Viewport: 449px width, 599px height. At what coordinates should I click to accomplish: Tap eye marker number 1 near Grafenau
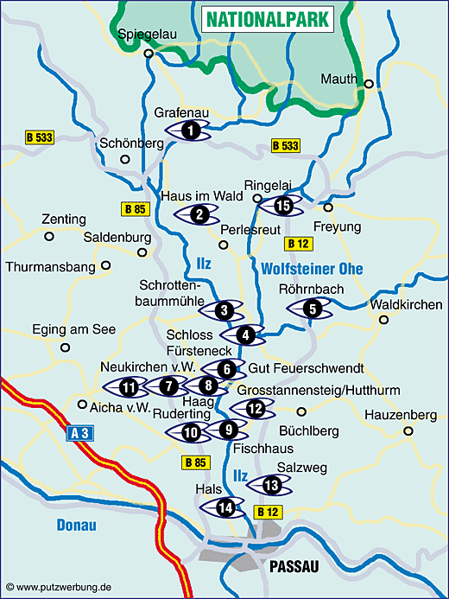[191, 131]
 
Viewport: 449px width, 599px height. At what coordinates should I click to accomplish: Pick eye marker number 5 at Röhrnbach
[312, 307]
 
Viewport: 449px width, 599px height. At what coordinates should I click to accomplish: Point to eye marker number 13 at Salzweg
[271, 484]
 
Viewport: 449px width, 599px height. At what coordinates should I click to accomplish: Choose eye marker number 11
[129, 386]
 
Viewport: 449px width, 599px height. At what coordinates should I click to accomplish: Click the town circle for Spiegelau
[149, 54]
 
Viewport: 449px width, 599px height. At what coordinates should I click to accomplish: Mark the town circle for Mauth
[369, 84]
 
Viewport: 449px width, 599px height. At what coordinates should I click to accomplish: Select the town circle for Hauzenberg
[408, 430]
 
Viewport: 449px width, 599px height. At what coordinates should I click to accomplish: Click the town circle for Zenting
[48, 235]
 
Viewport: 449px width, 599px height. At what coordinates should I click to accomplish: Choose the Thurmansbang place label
[50, 267]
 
